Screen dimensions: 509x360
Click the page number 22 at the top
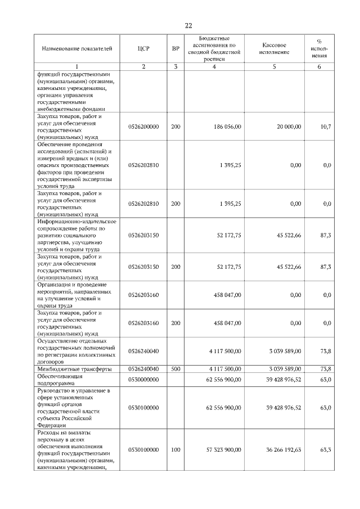click(188, 25)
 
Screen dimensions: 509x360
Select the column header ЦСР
click(143, 48)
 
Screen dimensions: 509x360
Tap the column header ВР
click(175, 48)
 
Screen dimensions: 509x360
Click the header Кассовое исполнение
click(275, 48)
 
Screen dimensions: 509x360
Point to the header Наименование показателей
click(73, 48)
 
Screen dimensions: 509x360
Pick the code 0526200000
click(143, 127)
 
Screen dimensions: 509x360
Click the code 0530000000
click(143, 380)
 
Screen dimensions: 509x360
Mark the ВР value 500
click(175, 368)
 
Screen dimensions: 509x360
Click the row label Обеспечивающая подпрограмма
click(60, 380)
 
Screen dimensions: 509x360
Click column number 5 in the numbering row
click(275, 67)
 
